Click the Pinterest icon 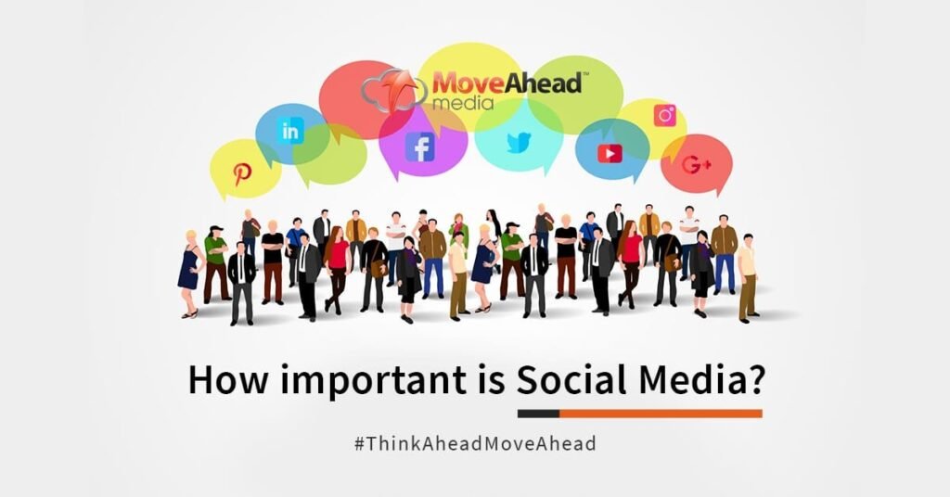[x=242, y=174]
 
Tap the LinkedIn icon [x=290, y=132]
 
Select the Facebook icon [x=420, y=147]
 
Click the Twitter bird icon [x=519, y=143]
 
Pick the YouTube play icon [x=610, y=154]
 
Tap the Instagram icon [x=664, y=115]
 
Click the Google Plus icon [x=696, y=164]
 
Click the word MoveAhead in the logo [x=507, y=83]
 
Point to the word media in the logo [x=464, y=102]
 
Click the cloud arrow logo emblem [x=394, y=91]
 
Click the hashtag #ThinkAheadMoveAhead [x=475, y=444]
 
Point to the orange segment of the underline [x=661, y=414]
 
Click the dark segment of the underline [x=539, y=414]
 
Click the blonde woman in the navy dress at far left [x=189, y=274]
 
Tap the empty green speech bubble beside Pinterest [x=330, y=154]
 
